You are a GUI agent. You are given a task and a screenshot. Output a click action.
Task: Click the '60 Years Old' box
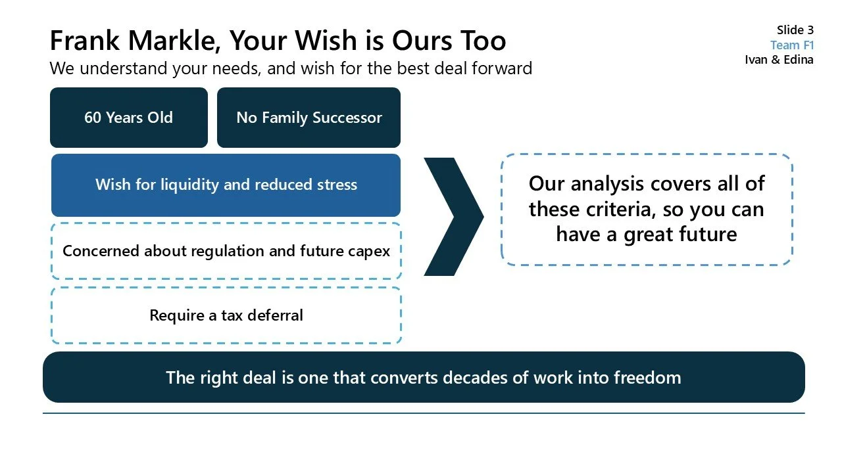pyautogui.click(x=128, y=118)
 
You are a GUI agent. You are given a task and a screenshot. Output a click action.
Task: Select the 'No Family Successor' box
pyautogui.click(x=309, y=118)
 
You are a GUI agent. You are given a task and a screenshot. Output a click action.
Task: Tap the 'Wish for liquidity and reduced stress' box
pyautogui.click(x=226, y=185)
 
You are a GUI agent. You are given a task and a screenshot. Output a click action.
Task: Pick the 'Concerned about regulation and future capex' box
pyautogui.click(x=226, y=251)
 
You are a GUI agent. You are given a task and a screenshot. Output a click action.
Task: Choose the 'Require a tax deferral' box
pyautogui.click(x=226, y=315)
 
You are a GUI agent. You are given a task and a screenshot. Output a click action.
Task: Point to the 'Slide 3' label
pyautogui.click(x=795, y=30)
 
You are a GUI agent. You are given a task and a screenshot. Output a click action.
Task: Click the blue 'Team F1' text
pyautogui.click(x=792, y=45)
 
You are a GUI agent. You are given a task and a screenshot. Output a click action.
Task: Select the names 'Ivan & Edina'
pyautogui.click(x=779, y=60)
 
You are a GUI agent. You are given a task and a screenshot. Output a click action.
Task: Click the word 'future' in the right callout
pyautogui.click(x=705, y=234)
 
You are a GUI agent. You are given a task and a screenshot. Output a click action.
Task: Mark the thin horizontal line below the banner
pyautogui.click(x=424, y=413)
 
